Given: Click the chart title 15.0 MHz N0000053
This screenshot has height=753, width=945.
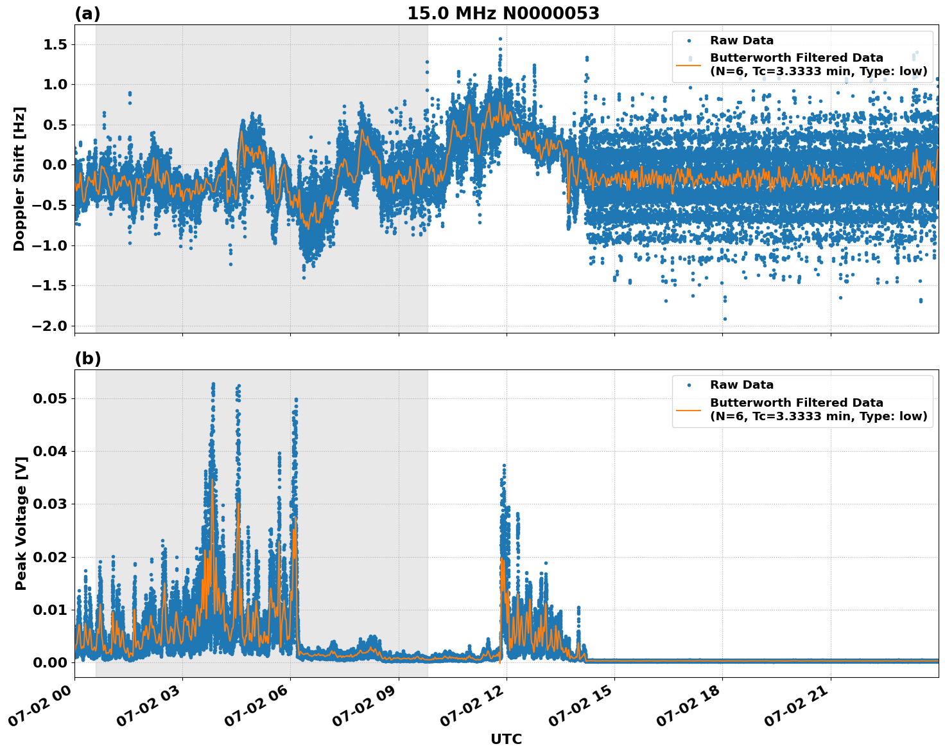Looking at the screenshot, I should [503, 13].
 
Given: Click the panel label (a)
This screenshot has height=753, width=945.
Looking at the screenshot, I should [87, 13].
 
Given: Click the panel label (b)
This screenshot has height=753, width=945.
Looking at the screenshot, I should [87, 359].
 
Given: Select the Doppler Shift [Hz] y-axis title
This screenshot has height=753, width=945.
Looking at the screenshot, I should [19, 179].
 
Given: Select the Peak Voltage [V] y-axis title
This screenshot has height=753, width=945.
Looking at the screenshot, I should [21, 537].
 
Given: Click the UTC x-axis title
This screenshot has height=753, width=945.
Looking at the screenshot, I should [506, 739].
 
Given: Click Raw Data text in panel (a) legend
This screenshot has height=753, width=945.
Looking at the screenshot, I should [741, 40].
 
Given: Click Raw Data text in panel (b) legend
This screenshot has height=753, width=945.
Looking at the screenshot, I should [741, 385].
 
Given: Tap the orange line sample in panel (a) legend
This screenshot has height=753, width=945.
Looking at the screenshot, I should [688, 65].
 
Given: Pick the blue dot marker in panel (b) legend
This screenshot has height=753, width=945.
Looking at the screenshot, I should [689, 385].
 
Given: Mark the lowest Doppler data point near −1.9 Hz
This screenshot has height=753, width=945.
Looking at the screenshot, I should [725, 319].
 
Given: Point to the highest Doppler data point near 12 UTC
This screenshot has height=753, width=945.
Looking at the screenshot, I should [500, 39].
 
